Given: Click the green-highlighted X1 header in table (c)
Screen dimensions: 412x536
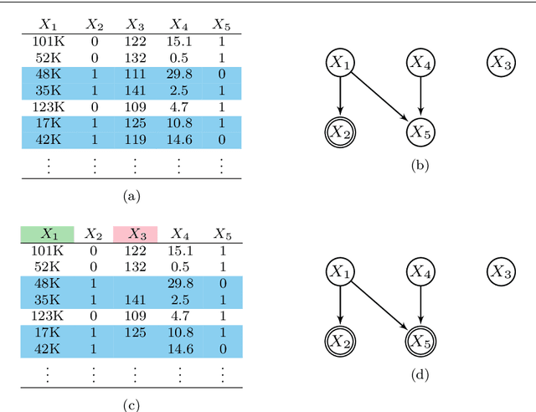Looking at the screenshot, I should [47, 234].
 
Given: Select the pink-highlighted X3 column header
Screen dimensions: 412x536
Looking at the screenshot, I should [134, 234].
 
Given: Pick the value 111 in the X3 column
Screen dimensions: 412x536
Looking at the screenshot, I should [134, 74].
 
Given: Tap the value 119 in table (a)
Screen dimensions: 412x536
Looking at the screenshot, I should [134, 138].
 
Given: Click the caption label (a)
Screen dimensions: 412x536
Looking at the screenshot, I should [131, 196].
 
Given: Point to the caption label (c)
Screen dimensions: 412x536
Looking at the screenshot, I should [131, 405].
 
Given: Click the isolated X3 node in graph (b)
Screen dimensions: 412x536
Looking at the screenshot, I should [500, 62].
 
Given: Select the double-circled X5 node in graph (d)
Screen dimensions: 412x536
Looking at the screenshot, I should [420, 340].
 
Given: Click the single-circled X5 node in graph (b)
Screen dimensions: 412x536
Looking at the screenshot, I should [420, 131].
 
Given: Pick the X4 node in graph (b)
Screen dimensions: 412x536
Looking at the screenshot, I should [420, 62].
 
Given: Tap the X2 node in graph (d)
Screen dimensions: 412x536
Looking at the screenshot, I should [339, 340].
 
